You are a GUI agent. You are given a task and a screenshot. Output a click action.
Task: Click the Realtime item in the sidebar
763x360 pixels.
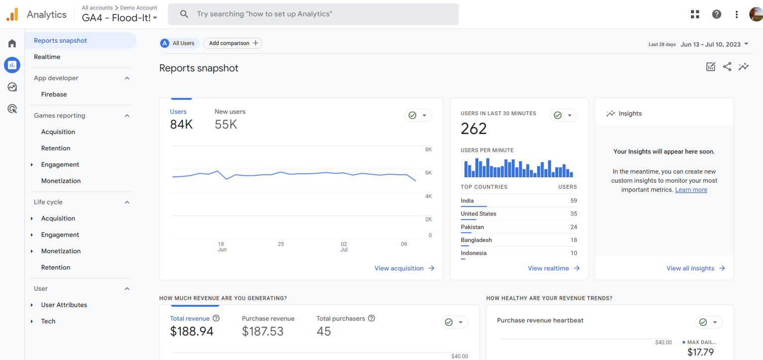(x=47, y=57)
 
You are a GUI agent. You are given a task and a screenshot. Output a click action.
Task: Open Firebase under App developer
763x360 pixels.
(x=54, y=94)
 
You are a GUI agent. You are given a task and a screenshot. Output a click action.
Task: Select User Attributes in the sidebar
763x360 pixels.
(x=64, y=305)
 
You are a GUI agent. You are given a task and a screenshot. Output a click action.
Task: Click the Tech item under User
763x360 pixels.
(x=48, y=321)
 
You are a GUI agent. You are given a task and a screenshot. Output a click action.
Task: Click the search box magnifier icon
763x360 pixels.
(x=184, y=14)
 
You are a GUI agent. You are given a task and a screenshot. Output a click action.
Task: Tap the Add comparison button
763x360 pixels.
(x=232, y=43)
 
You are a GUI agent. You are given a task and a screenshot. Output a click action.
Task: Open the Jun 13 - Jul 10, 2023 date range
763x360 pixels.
(x=710, y=44)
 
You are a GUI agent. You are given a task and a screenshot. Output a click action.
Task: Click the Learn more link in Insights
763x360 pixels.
(x=691, y=190)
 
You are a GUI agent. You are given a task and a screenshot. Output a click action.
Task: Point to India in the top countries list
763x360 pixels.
(x=467, y=201)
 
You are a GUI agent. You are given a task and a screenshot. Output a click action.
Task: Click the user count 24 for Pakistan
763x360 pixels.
(x=573, y=227)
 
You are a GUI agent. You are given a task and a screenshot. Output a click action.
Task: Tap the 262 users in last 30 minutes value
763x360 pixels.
(x=473, y=129)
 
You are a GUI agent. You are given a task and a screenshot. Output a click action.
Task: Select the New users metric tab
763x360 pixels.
(x=230, y=112)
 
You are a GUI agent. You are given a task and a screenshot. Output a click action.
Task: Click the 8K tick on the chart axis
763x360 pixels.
(x=428, y=149)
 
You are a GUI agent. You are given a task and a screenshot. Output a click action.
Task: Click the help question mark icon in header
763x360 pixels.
(x=716, y=14)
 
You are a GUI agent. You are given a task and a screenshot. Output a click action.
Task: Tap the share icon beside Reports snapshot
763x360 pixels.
(x=727, y=67)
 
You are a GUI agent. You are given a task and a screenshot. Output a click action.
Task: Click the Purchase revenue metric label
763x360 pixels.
(x=268, y=319)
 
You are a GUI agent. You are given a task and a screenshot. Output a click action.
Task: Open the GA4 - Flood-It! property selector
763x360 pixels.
(x=119, y=18)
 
